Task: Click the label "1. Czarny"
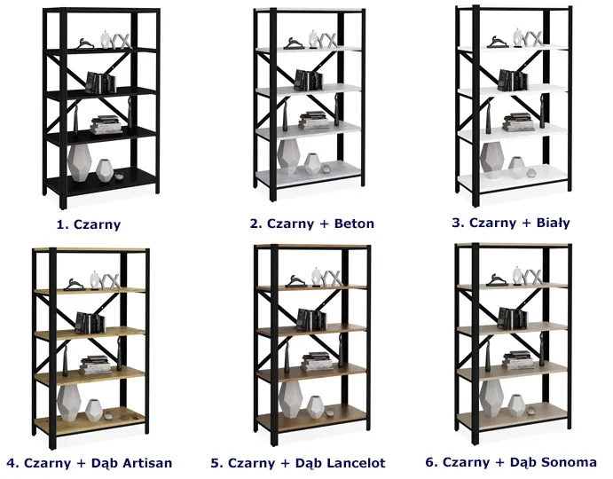pos(89,224)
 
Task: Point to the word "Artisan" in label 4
pos(148,463)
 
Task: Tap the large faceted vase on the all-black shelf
pos(79,162)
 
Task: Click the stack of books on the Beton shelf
pos(313,121)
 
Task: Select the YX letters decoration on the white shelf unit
pos(533,39)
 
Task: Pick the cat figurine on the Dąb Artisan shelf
pos(74,285)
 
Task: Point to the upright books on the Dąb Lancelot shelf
pos(311,319)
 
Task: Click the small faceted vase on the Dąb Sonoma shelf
pos(516,406)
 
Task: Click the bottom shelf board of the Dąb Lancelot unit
pos(312,418)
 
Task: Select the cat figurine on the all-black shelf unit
pos(84,43)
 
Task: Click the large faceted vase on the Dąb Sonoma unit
pos(491,397)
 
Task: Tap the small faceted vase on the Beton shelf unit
pos(312,164)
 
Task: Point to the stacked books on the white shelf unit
pos(518,122)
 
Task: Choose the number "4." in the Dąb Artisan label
pos(13,463)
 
